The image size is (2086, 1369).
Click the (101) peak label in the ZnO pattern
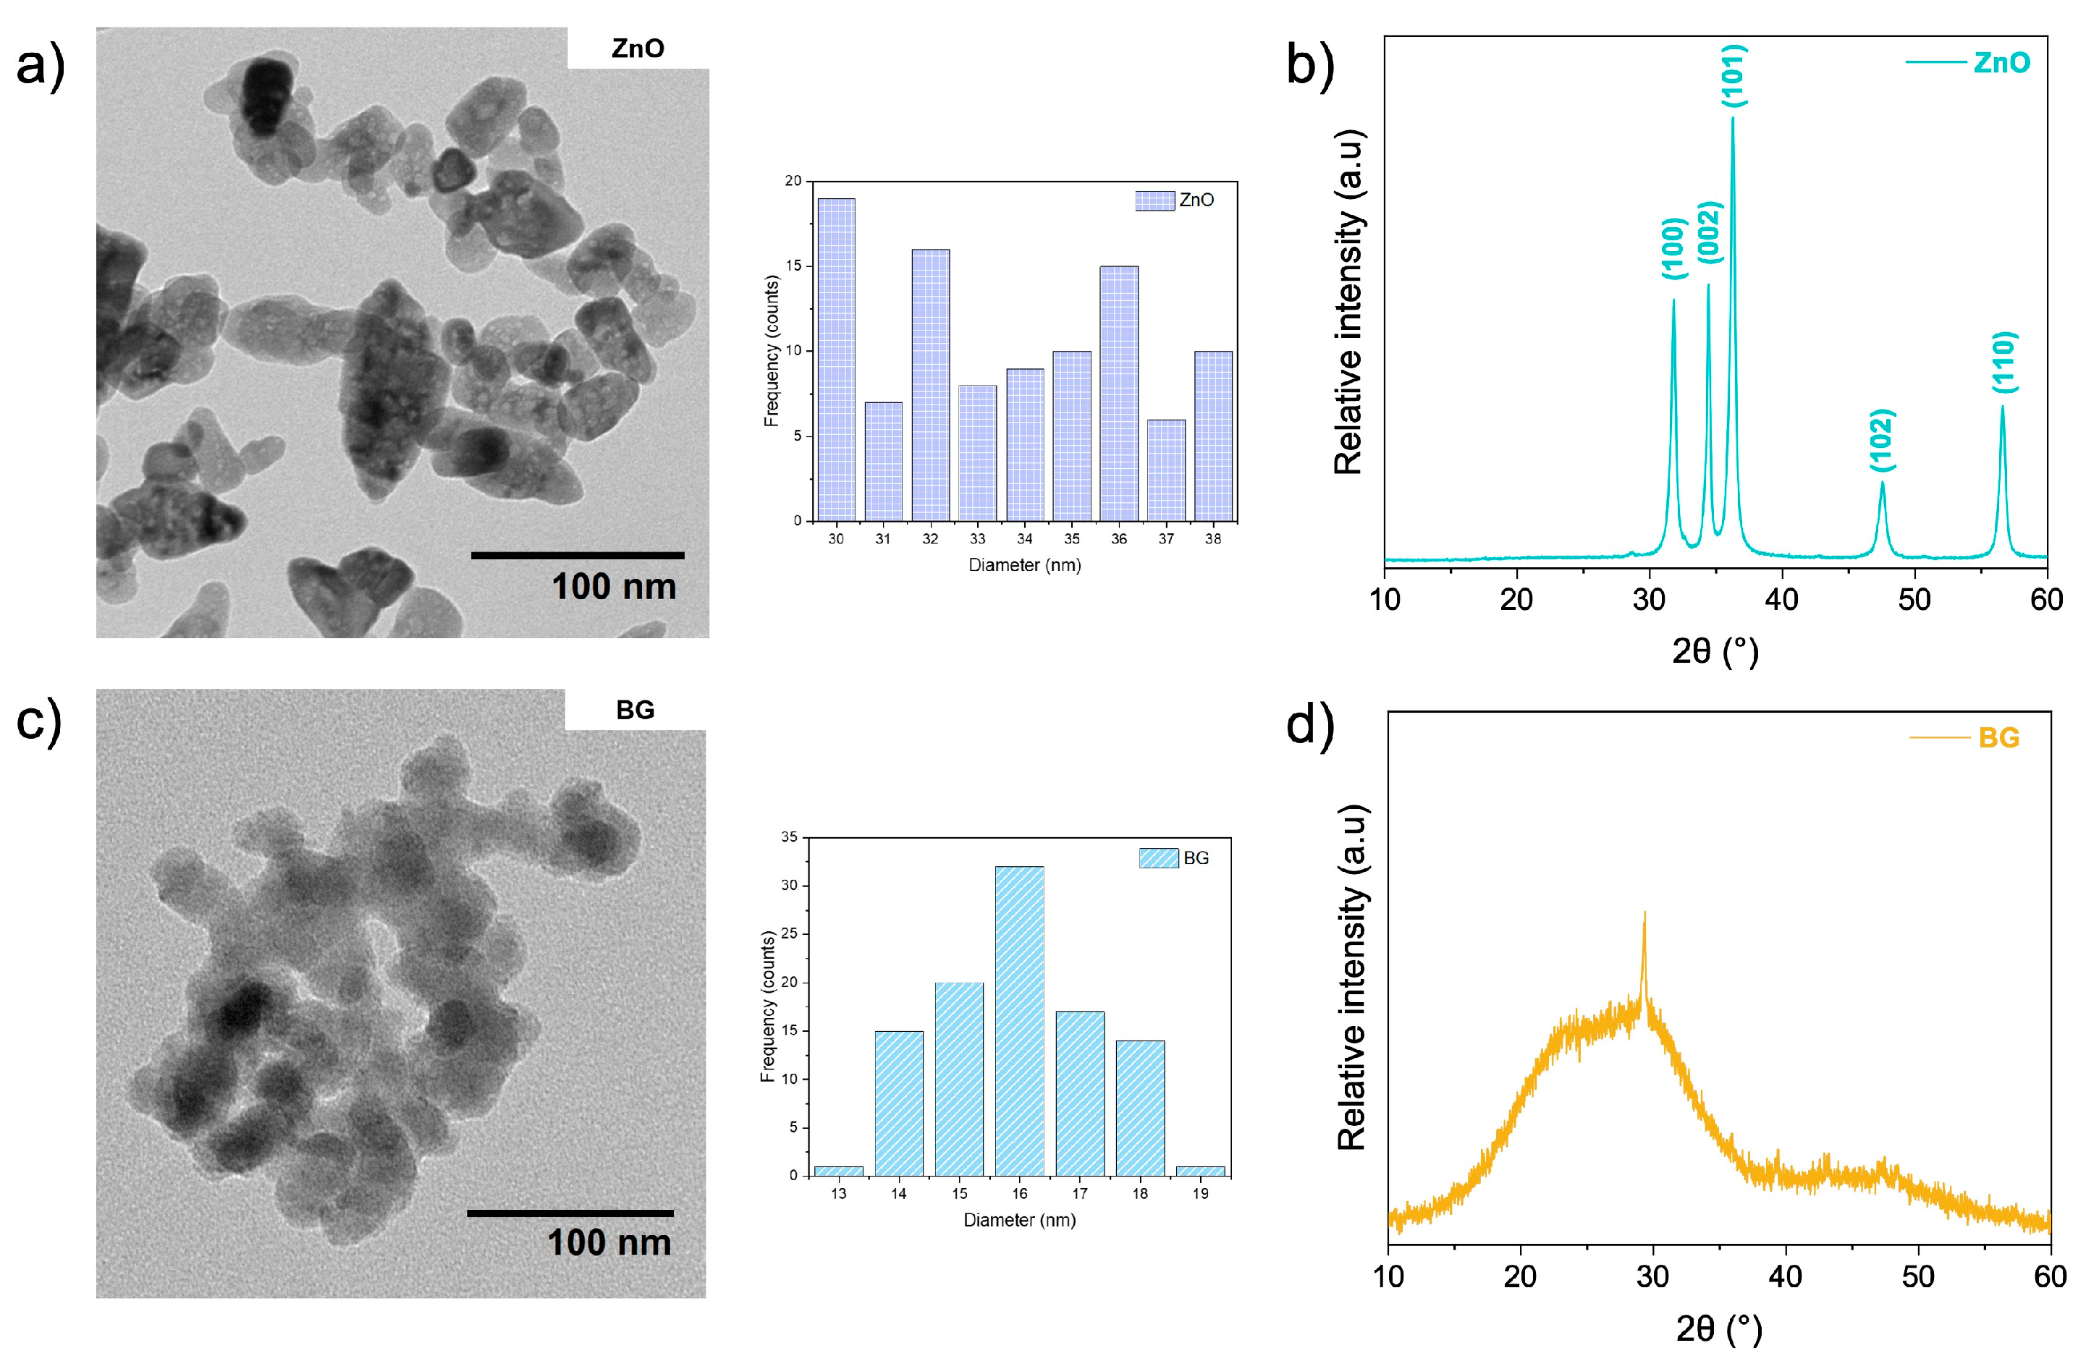[x=1734, y=76]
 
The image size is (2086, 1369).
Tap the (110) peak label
[x=2004, y=362]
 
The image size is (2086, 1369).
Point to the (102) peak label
[x=1882, y=439]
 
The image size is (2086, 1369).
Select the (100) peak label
[x=1673, y=248]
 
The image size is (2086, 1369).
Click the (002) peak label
[x=1709, y=232]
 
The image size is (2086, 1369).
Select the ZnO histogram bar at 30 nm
[x=836, y=360]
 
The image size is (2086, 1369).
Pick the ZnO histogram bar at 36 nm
[x=1118, y=394]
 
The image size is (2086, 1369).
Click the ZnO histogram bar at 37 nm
[x=1166, y=470]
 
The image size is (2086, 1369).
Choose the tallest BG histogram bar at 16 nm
[x=1019, y=1020]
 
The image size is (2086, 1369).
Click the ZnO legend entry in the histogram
[x=1175, y=200]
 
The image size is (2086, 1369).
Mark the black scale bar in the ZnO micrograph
[x=577, y=555]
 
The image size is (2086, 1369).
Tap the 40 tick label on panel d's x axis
[x=1784, y=1276]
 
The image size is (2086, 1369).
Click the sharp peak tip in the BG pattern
[x=1644, y=913]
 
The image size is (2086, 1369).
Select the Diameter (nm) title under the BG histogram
[x=1019, y=1219]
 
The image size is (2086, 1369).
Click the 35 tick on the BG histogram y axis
[x=790, y=837]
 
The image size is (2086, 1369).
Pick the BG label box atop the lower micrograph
[x=635, y=709]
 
